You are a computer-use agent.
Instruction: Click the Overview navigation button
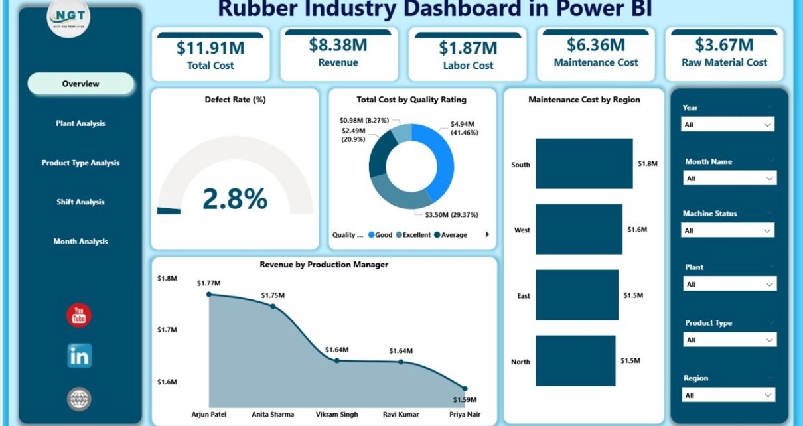pos(80,84)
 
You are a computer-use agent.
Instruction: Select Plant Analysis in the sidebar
pos(80,123)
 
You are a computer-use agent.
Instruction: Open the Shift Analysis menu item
pos(80,202)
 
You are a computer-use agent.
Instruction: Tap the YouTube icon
pos(79,316)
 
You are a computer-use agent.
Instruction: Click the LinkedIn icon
pos(79,356)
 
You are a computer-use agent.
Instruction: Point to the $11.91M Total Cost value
pos(210,48)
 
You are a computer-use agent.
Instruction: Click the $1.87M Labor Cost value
pos(467,48)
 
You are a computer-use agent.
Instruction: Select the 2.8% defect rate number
pos(235,198)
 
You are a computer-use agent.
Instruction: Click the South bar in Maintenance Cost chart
pos(584,164)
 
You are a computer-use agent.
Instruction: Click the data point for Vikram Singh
pos(337,361)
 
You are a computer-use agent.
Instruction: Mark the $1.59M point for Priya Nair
pos(465,389)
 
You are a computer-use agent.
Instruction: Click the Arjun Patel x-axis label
pos(208,414)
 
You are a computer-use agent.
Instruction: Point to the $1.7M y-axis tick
pos(167,330)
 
